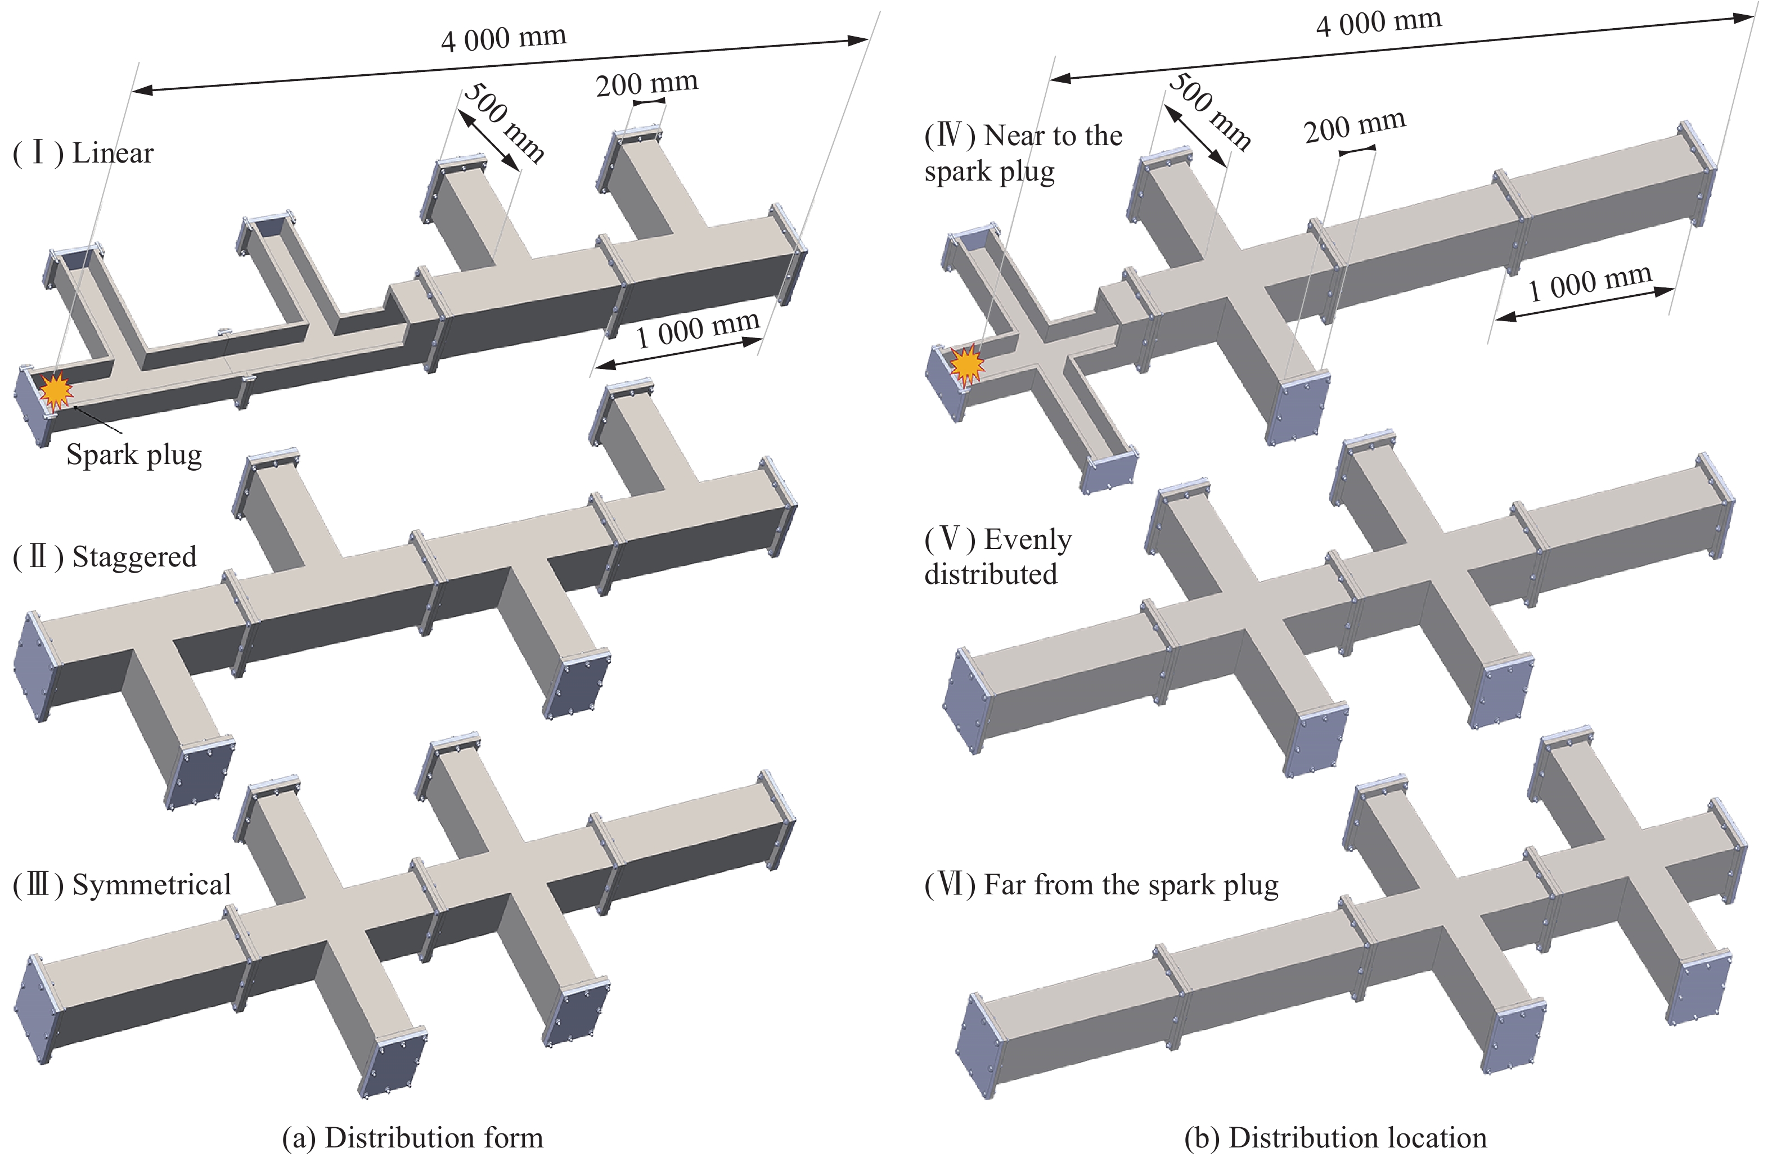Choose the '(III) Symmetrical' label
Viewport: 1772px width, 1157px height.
point(122,885)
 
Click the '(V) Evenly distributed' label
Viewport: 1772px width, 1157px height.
point(999,556)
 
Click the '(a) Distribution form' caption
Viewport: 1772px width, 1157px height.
point(413,1138)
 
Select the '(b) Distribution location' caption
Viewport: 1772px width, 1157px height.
point(1335,1138)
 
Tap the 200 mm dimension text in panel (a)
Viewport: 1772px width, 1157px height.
point(647,83)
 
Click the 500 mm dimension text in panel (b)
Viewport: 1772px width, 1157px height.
point(1209,111)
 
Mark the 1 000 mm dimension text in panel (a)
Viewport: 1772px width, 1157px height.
point(698,329)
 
